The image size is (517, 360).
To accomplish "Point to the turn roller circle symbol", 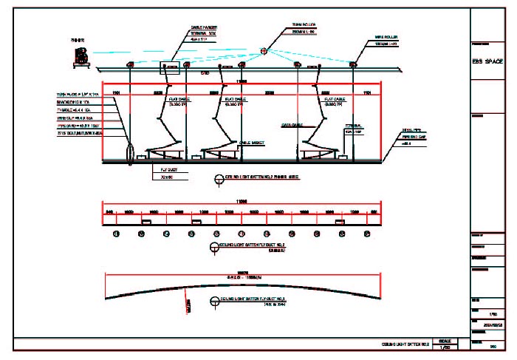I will click(264, 51).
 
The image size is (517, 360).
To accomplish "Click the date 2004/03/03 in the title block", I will click(492, 324).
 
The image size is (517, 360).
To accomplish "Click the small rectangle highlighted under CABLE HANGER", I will click(174, 67).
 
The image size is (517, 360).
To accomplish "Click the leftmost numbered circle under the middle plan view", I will click(116, 234).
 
